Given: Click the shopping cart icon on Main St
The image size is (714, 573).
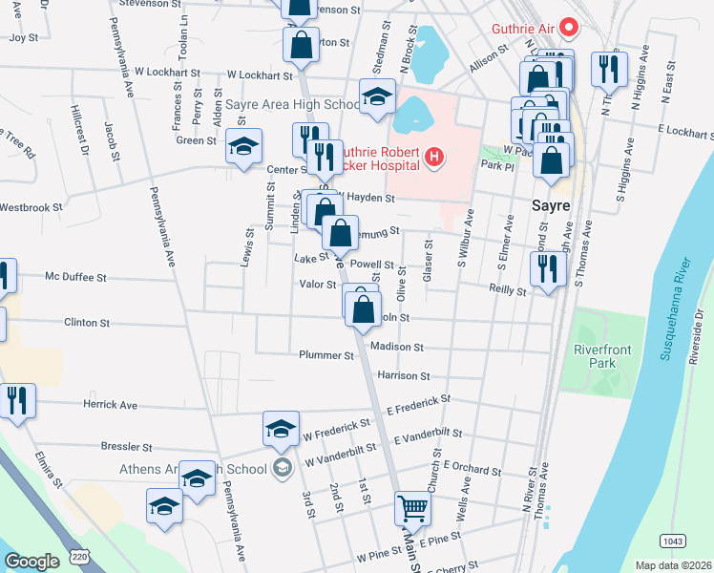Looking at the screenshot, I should [412, 508].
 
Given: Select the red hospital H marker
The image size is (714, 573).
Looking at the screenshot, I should [434, 157].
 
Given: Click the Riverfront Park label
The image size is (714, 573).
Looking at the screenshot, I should [602, 356].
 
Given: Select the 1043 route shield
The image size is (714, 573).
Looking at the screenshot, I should [671, 541].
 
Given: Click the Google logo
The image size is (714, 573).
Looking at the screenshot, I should [31, 562].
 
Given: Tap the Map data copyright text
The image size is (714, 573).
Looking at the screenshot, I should [673, 565].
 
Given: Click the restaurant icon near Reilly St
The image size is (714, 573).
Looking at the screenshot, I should [547, 268].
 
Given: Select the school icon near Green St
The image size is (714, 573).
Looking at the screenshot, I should [243, 146].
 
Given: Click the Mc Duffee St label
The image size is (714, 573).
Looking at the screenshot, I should [76, 277].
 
